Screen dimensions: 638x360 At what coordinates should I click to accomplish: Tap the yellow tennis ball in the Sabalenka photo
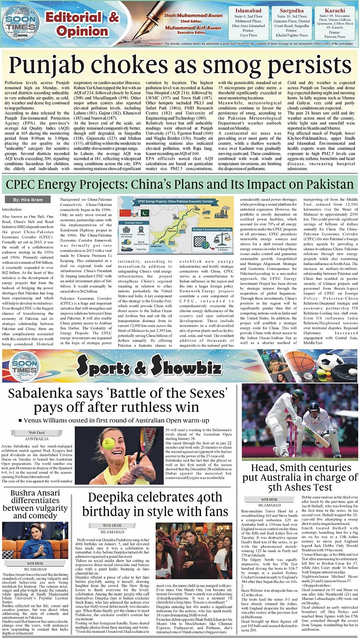pyautogui.click(x=109, y=443)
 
